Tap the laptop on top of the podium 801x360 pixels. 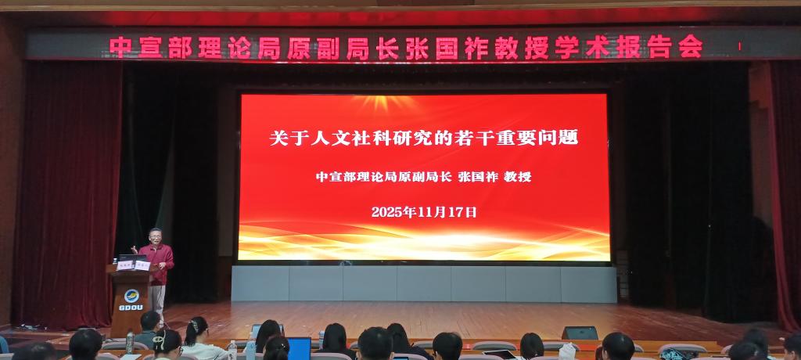(x=129, y=258)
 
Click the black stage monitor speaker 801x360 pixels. (x=580, y=333)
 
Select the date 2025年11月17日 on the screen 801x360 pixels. (x=423, y=211)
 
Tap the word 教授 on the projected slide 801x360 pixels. (x=518, y=177)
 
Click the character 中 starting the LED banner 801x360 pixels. (x=120, y=47)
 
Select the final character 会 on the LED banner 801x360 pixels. (x=690, y=47)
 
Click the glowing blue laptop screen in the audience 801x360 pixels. (x=299, y=347)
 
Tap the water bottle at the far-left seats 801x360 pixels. (x=129, y=341)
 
